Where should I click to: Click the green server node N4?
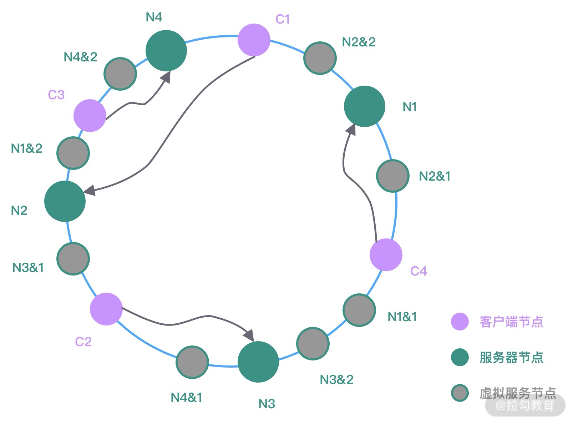click(166, 51)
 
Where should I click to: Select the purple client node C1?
click(254, 40)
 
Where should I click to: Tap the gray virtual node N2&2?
click(320, 58)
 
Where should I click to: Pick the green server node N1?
click(365, 106)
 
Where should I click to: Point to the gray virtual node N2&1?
click(392, 176)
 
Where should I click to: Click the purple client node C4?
click(386, 255)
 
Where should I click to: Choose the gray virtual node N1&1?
click(359, 310)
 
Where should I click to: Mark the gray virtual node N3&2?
click(313, 344)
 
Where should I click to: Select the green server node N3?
click(258, 362)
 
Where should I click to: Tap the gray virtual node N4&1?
click(192, 362)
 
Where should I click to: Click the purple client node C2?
click(106, 309)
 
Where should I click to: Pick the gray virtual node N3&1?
click(73, 259)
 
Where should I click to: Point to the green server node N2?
click(65, 201)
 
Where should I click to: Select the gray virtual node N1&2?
click(73, 153)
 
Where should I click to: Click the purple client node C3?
click(90, 116)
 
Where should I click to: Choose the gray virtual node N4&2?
click(120, 74)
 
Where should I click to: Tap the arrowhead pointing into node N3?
click(249, 335)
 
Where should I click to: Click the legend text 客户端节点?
click(511, 322)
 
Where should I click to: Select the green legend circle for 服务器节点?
click(460, 358)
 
